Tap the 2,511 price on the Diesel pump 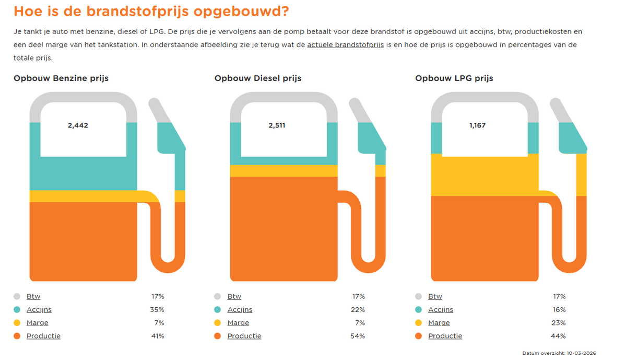[277, 125]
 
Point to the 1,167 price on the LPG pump [477, 125]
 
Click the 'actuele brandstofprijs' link [345, 45]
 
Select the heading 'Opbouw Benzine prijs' [61, 78]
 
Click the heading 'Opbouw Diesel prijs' [257, 78]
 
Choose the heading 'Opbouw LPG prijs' [454, 78]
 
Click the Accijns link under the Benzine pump [39, 310]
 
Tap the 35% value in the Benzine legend [158, 310]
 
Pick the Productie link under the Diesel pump [244, 336]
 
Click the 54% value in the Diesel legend [358, 336]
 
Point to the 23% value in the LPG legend [559, 323]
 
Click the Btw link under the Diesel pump [234, 297]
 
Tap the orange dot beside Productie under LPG [419, 336]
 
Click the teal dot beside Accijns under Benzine [17, 310]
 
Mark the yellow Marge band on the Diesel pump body [284, 171]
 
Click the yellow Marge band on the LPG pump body [485, 175]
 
